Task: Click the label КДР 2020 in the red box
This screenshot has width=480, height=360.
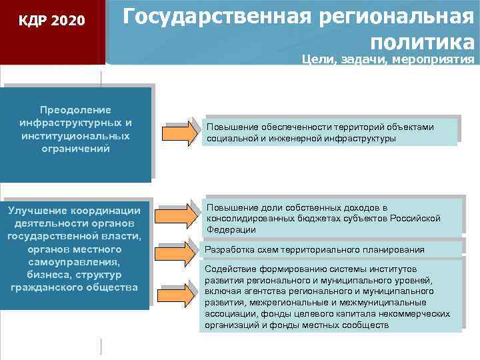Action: click(52, 21)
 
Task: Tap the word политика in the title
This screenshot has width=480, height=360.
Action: click(423, 43)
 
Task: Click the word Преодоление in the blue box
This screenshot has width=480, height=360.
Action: click(75, 109)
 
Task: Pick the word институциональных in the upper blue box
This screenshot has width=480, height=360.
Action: click(75, 135)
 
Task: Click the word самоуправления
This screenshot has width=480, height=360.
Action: click(75, 261)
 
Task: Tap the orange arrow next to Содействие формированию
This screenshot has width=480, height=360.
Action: click(180, 293)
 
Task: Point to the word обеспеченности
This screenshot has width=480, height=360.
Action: click(296, 127)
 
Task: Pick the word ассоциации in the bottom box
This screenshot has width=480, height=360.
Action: click(231, 314)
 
